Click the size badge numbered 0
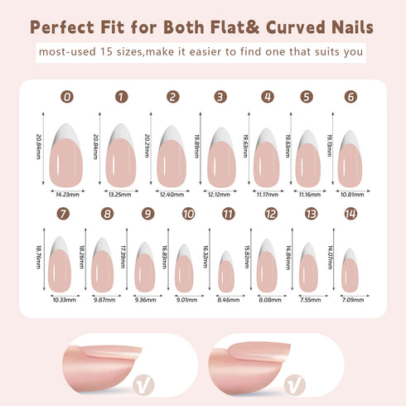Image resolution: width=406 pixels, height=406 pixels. click(x=66, y=97)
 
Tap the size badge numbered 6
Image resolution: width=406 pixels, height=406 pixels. click(x=351, y=97)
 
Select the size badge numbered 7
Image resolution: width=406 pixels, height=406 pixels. click(x=63, y=214)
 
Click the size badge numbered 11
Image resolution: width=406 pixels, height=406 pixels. click(x=229, y=214)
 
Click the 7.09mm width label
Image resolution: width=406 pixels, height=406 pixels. click(x=347, y=300)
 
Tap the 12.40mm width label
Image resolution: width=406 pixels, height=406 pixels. click(x=172, y=195)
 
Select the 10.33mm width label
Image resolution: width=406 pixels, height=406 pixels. click(x=63, y=300)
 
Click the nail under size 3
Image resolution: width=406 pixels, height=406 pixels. click(x=220, y=157)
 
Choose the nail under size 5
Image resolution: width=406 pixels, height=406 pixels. click(x=307, y=157)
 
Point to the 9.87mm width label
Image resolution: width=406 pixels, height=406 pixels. click(x=105, y=300)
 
